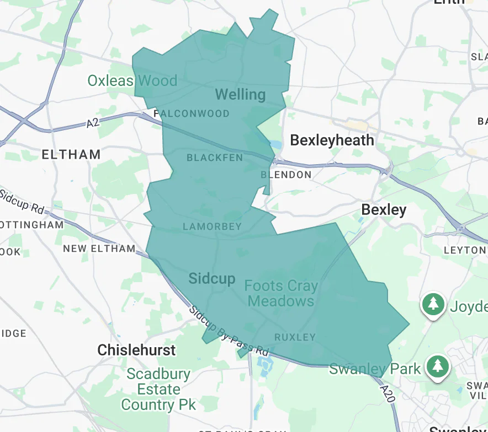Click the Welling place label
click(x=240, y=94)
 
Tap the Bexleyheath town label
click(x=332, y=140)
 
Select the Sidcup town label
click(x=212, y=278)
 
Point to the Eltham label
click(x=71, y=154)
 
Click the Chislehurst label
click(x=136, y=350)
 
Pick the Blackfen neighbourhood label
click(x=215, y=158)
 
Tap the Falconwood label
click(x=192, y=114)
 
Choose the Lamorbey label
click(x=213, y=226)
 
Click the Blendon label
click(x=286, y=175)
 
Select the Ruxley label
click(x=295, y=337)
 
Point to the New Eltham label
click(x=99, y=249)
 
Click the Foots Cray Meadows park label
click(x=281, y=294)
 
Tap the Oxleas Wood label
click(x=132, y=81)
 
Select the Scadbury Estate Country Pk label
click(x=158, y=390)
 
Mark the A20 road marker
click(x=387, y=390)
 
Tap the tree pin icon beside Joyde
click(x=434, y=304)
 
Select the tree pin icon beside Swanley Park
click(x=438, y=366)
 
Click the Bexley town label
click(x=384, y=209)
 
